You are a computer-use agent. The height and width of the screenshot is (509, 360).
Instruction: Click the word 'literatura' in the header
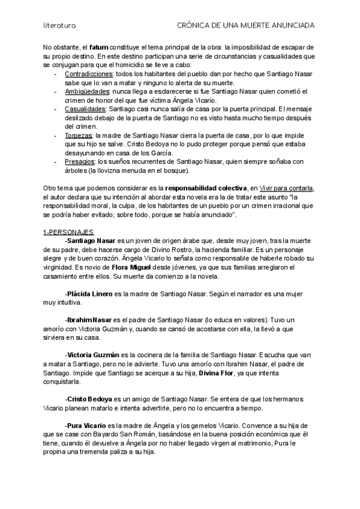59,26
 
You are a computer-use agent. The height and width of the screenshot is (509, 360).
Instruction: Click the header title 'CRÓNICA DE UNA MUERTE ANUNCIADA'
247,26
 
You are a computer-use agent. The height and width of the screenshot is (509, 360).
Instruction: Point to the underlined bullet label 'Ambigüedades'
86,91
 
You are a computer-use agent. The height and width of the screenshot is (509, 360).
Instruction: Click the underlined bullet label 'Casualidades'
85,110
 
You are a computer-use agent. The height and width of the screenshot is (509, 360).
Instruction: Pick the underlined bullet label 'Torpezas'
78,136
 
